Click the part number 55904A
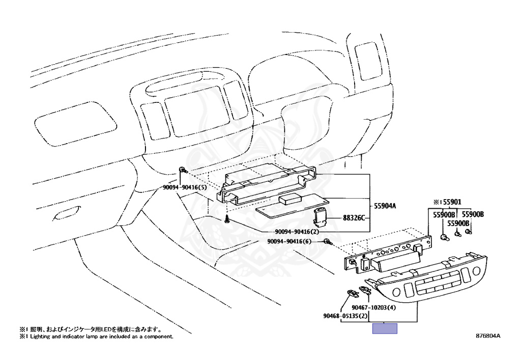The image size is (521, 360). pyautogui.click(x=385, y=206)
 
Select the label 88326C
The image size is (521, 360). pyautogui.click(x=354, y=218)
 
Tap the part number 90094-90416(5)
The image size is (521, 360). pyautogui.click(x=184, y=187)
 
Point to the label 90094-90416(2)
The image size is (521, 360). pyautogui.click(x=297, y=232)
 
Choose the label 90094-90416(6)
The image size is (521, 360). pyautogui.click(x=290, y=241)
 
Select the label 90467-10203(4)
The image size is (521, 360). pyautogui.click(x=374, y=308)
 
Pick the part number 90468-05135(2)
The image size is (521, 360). pyautogui.click(x=345, y=316)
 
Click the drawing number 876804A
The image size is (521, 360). pyautogui.click(x=488, y=336)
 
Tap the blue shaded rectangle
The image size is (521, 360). pyautogui.click(x=385, y=328)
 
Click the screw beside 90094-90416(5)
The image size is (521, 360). pyautogui.click(x=184, y=170)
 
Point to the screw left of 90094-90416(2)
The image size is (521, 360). pyautogui.click(x=227, y=220)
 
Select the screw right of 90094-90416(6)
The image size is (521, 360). pyautogui.click(x=328, y=242)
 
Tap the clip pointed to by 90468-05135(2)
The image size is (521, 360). pyautogui.click(x=353, y=293)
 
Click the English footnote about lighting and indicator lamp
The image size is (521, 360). pyautogui.click(x=96, y=337)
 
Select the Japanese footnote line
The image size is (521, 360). pyautogui.click(x=91, y=329)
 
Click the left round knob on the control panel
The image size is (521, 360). pyautogui.click(x=396, y=292)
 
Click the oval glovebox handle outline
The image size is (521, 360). pyautogui.click(x=67, y=212)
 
